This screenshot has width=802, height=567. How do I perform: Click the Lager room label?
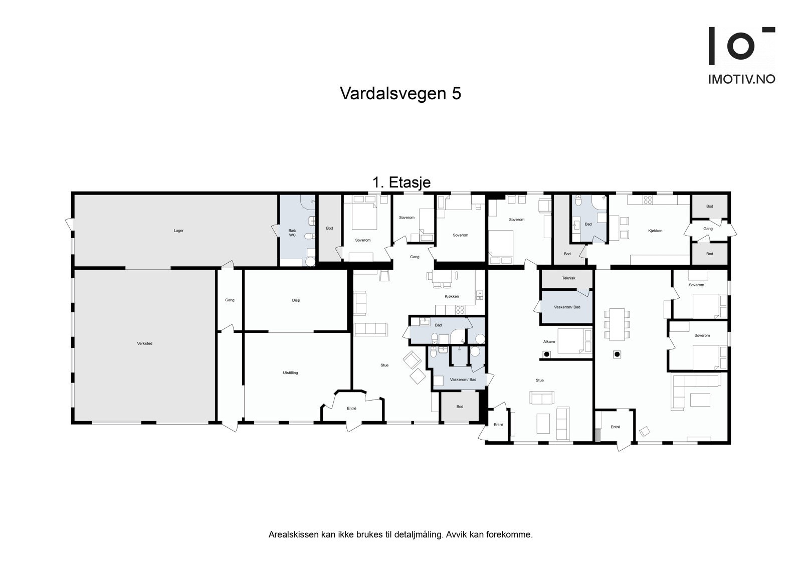point(178,231)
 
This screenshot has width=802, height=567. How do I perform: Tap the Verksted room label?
point(144,343)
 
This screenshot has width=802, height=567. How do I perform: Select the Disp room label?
point(296,300)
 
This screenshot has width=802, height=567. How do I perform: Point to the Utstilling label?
point(290,372)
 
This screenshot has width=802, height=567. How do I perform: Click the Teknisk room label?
point(568,278)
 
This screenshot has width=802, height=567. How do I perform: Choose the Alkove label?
point(549,341)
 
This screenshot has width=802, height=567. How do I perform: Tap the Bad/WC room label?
point(292,233)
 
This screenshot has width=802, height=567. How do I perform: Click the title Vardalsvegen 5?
point(400,94)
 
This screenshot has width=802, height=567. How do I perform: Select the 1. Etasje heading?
point(401,182)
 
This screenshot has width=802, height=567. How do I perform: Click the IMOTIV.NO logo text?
point(741,79)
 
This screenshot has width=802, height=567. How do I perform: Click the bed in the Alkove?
point(574,341)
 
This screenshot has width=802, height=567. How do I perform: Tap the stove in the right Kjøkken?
point(647,199)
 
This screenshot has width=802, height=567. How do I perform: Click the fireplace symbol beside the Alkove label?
point(546,354)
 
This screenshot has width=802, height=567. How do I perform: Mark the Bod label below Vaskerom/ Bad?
point(460,407)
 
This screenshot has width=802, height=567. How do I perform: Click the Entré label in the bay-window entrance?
point(351,409)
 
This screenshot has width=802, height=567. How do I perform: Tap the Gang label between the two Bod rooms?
point(707,229)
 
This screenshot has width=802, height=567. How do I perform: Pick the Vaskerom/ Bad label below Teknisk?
point(567,307)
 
